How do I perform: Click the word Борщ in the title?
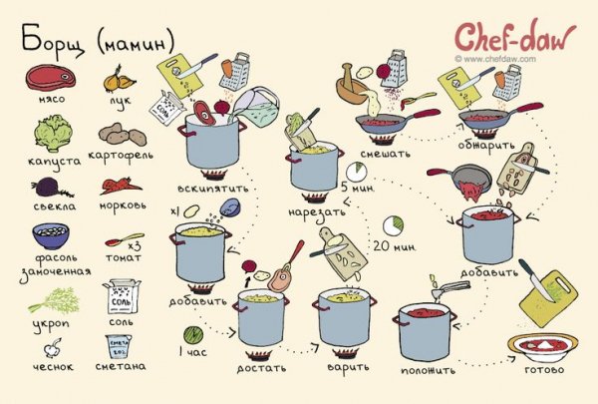tap(52, 41)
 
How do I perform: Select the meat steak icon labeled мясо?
tap(51, 78)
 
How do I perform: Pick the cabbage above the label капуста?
tap(53, 134)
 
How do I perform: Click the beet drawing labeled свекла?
tap(51, 188)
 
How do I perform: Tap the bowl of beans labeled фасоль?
tap(51, 236)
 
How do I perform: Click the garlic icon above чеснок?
tap(52, 347)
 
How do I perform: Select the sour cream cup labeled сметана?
tap(119, 347)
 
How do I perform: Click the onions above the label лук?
tap(119, 80)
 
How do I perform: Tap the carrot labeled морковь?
tap(121, 186)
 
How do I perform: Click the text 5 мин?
tap(357, 188)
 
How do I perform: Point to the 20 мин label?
tap(394, 246)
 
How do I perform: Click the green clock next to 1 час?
tap(193, 335)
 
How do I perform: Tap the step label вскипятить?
tap(213, 189)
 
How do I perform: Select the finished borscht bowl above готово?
tap(543, 348)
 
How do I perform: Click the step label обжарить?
tap(486, 145)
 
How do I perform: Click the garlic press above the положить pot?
tap(450, 288)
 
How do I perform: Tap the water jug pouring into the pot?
tap(255, 106)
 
